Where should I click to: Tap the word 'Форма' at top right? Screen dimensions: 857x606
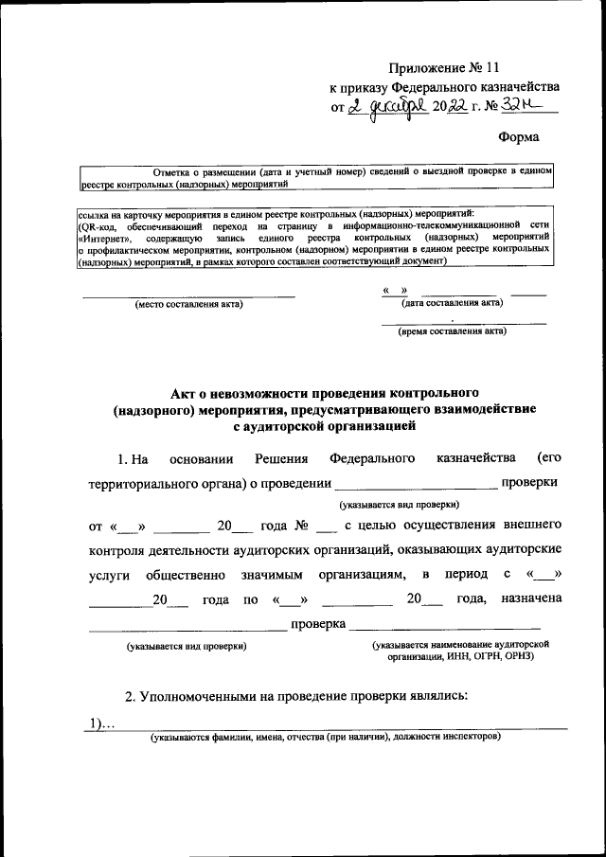tap(519, 137)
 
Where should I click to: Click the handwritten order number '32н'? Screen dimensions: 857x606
tap(518, 107)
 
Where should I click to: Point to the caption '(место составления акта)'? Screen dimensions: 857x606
tap(188, 304)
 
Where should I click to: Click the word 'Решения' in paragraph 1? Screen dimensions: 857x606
tap(282, 459)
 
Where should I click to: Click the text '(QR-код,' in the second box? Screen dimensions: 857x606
tap(98, 227)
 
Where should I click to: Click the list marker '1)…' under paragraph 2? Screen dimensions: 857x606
tap(101, 724)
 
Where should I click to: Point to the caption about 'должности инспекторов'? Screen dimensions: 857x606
tap(318, 737)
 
